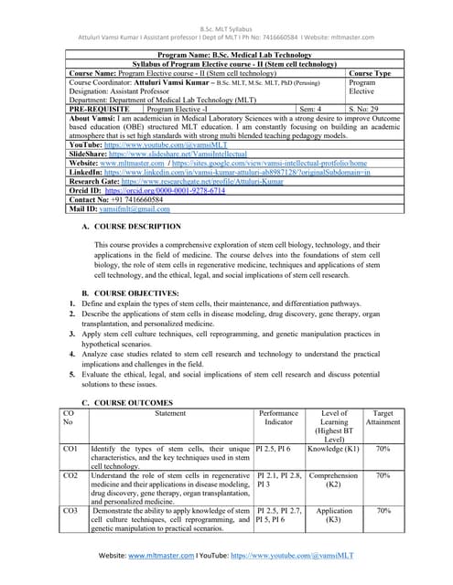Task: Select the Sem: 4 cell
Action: (x=311, y=108)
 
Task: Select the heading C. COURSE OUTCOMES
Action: (x=127, y=403)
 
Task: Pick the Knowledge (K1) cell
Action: (x=333, y=450)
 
